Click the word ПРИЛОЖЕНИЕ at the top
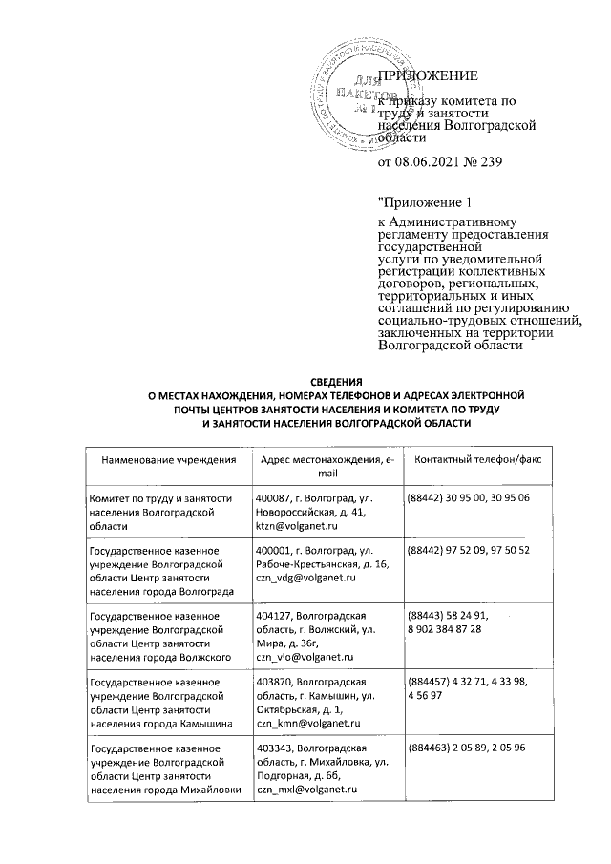click(x=428, y=75)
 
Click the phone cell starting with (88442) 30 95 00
click(x=468, y=498)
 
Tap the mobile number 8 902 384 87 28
click(x=455, y=630)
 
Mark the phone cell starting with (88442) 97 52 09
click(x=468, y=551)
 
